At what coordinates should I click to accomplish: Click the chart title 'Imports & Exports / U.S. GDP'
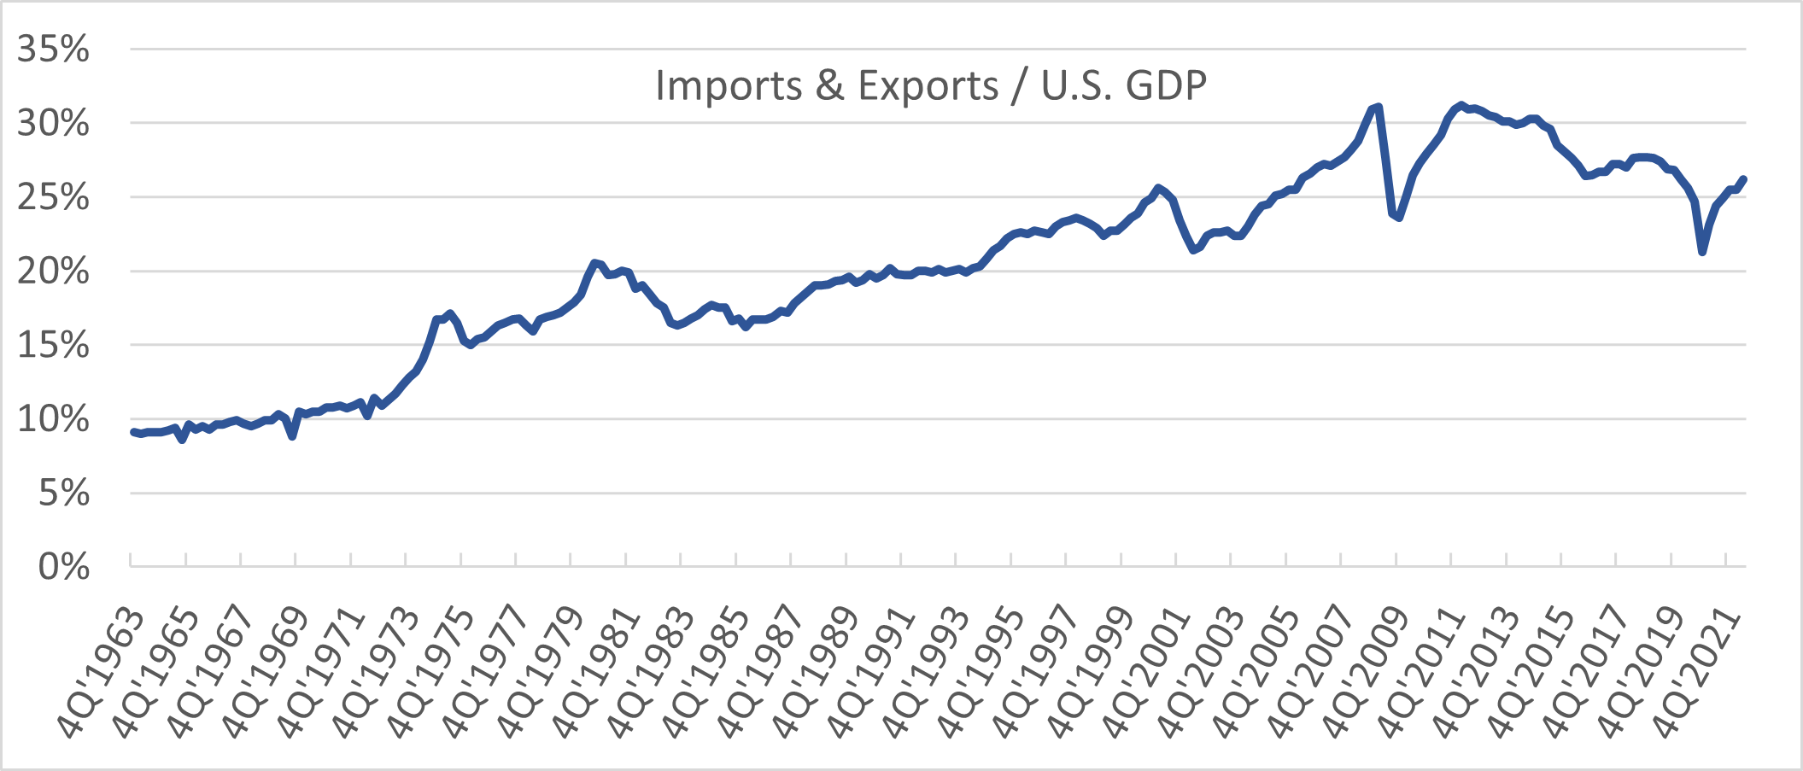(930, 85)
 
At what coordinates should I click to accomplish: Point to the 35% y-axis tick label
(53, 50)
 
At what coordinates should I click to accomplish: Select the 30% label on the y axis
(53, 124)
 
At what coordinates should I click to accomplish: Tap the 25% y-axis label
(53, 198)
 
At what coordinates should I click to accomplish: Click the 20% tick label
(53, 272)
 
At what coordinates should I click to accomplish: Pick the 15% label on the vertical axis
(53, 346)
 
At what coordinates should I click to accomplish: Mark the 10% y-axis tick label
(53, 420)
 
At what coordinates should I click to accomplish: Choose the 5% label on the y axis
(63, 494)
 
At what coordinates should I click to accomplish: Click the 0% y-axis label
(63, 567)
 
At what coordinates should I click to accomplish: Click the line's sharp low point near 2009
(1398, 217)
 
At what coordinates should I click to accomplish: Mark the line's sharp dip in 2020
(1702, 252)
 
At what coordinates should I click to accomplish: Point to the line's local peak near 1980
(594, 263)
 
